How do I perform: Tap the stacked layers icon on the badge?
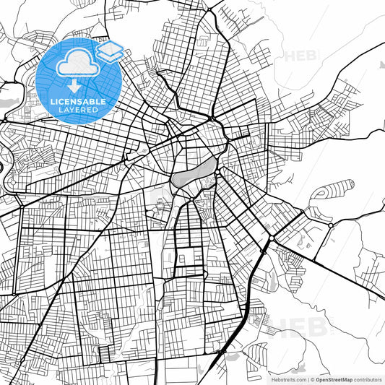coord(110,51)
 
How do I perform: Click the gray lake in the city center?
coord(194,173)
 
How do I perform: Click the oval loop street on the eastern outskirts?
coord(333,191)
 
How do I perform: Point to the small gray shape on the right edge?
coord(381,63)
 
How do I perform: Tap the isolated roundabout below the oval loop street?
coord(329,225)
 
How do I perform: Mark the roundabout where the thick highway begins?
coord(269,239)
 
